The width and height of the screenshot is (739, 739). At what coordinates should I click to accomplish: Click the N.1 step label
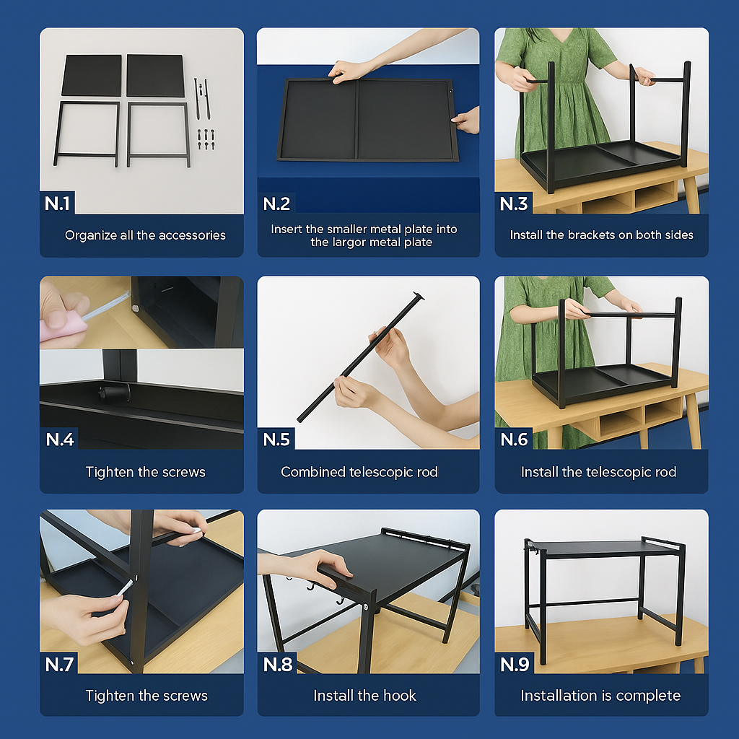pos(57,204)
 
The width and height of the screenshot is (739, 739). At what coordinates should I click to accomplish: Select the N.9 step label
pos(515,664)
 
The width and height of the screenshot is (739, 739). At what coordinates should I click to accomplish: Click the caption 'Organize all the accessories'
pos(145,235)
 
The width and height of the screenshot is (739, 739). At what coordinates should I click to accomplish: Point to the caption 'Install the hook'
pos(364,696)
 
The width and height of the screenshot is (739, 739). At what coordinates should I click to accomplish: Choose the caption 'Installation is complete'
pos(600,696)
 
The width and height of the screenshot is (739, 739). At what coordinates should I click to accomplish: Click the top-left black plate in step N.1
pos(92,75)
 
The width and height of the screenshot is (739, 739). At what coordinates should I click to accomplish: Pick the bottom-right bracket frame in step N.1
pos(159,134)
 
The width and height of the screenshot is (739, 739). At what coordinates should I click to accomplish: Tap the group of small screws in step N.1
pos(206,139)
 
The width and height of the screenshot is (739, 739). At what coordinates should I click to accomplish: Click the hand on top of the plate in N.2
pos(349,71)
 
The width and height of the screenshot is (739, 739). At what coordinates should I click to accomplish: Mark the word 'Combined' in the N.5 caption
pos(313,472)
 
